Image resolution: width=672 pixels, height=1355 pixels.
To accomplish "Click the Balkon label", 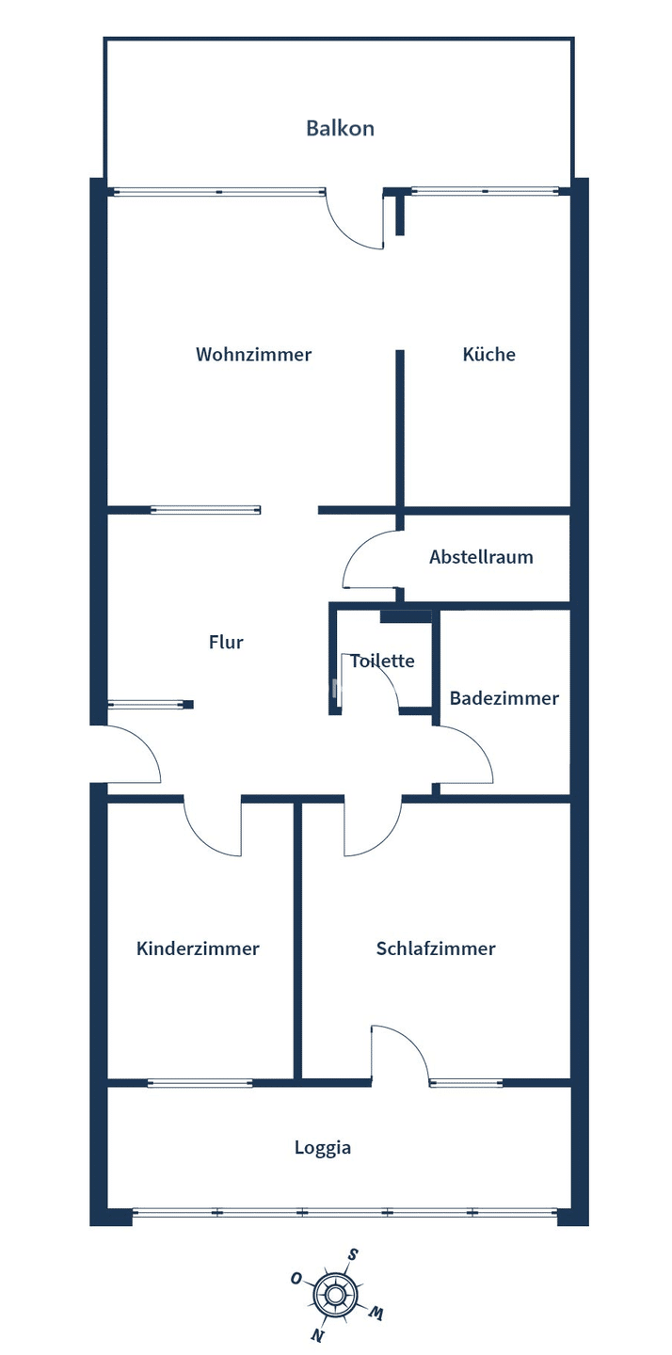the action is point(340,128).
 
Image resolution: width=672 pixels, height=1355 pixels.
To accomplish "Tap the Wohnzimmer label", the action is point(253,354).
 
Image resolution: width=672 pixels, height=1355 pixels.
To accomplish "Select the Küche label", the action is point(488,354).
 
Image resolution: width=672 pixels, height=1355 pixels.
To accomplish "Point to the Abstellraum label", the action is point(481,556).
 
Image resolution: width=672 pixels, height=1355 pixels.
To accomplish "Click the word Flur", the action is point(226,642).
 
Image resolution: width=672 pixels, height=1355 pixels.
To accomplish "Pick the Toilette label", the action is point(382,661).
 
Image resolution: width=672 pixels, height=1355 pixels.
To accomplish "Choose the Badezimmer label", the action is point(504,698).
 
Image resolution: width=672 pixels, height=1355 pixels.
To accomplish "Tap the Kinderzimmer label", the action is point(198,948).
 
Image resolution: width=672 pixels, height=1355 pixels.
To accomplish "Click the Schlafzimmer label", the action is point(436,948).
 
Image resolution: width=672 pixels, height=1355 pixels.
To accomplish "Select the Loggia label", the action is point(323,1148).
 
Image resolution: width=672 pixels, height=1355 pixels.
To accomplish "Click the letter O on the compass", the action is point(296,1278).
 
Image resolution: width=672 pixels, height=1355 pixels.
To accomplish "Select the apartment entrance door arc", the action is point(145,741).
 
